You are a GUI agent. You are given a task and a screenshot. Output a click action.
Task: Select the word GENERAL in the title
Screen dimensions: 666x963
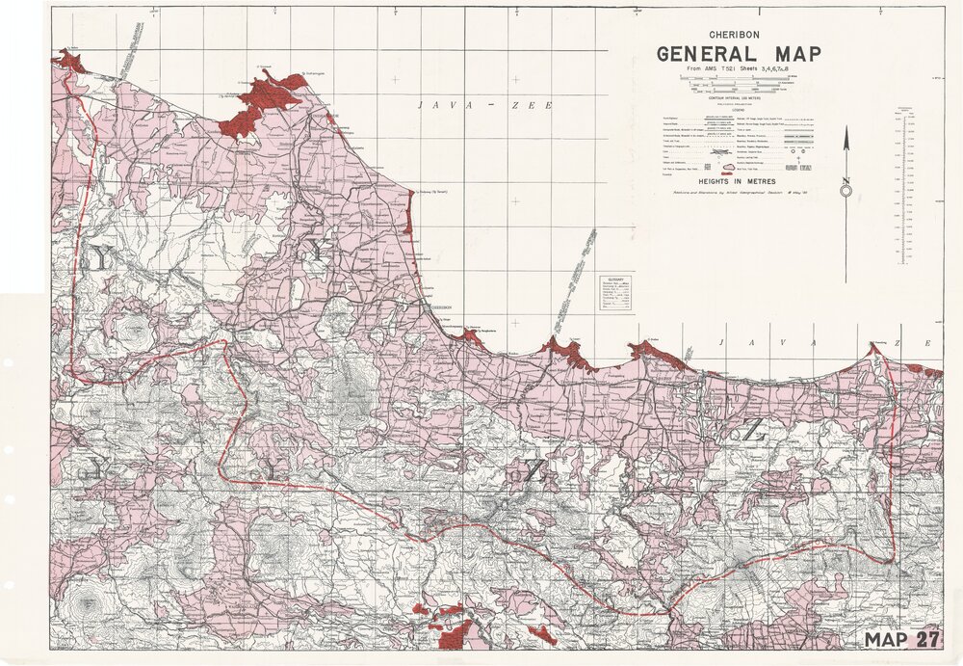pyautogui.click(x=710, y=54)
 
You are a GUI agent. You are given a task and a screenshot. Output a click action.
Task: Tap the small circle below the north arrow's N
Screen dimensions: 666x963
pyautogui.click(x=846, y=191)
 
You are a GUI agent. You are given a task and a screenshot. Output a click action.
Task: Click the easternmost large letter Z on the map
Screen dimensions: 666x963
pyautogui.click(x=751, y=433)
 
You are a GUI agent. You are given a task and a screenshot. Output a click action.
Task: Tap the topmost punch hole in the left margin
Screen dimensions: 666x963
pyautogui.click(x=8, y=362)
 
